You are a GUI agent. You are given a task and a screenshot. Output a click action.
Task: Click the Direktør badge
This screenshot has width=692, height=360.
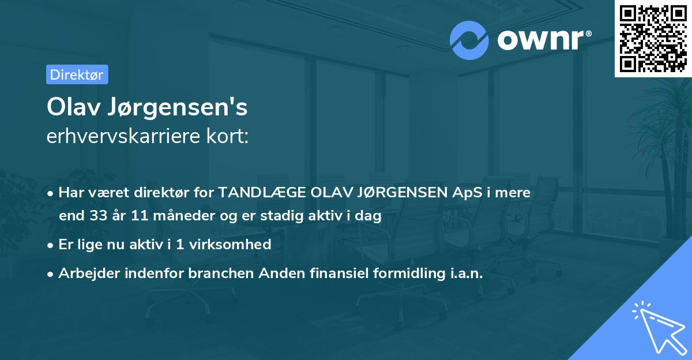click(77, 74)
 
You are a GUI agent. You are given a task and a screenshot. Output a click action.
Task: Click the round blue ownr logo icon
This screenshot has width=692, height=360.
click(469, 40)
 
